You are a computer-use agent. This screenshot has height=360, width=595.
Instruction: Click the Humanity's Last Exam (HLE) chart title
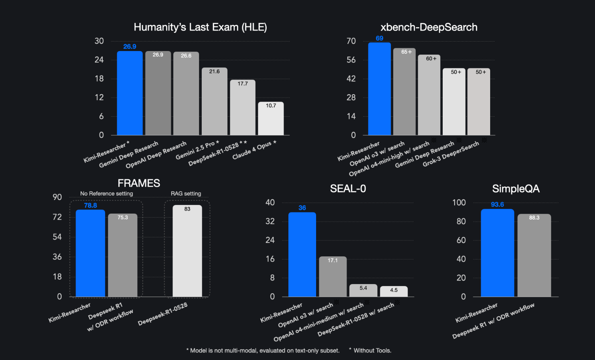point(200,27)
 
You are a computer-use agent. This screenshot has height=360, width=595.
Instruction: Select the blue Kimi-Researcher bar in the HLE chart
point(130,93)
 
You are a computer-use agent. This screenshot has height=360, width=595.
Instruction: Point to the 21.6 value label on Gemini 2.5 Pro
point(214,72)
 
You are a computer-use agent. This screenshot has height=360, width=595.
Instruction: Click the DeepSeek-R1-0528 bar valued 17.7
point(243,108)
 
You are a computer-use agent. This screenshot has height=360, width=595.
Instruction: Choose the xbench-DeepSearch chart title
point(429,27)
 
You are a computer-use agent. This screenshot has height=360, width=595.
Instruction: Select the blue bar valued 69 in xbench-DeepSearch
point(379,89)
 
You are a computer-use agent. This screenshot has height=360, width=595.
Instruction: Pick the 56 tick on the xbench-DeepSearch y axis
point(351,60)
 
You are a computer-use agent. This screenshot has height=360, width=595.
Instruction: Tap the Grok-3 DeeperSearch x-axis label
point(451,154)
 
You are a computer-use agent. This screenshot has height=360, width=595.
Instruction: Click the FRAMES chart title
point(139,183)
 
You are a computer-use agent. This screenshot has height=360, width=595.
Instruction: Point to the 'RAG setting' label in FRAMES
point(186,193)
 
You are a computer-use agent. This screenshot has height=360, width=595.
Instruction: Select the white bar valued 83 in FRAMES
point(187,251)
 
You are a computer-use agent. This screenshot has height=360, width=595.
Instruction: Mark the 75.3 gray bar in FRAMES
point(123,255)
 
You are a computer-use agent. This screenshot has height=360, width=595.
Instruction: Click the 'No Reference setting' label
point(106,193)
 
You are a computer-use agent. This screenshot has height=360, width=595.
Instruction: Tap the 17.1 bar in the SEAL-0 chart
point(333,277)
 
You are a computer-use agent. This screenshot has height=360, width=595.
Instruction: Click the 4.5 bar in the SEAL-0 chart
point(394,291)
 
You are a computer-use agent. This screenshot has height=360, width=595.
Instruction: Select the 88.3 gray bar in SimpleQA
point(534,256)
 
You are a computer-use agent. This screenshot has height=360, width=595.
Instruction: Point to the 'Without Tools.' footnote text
point(372,351)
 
